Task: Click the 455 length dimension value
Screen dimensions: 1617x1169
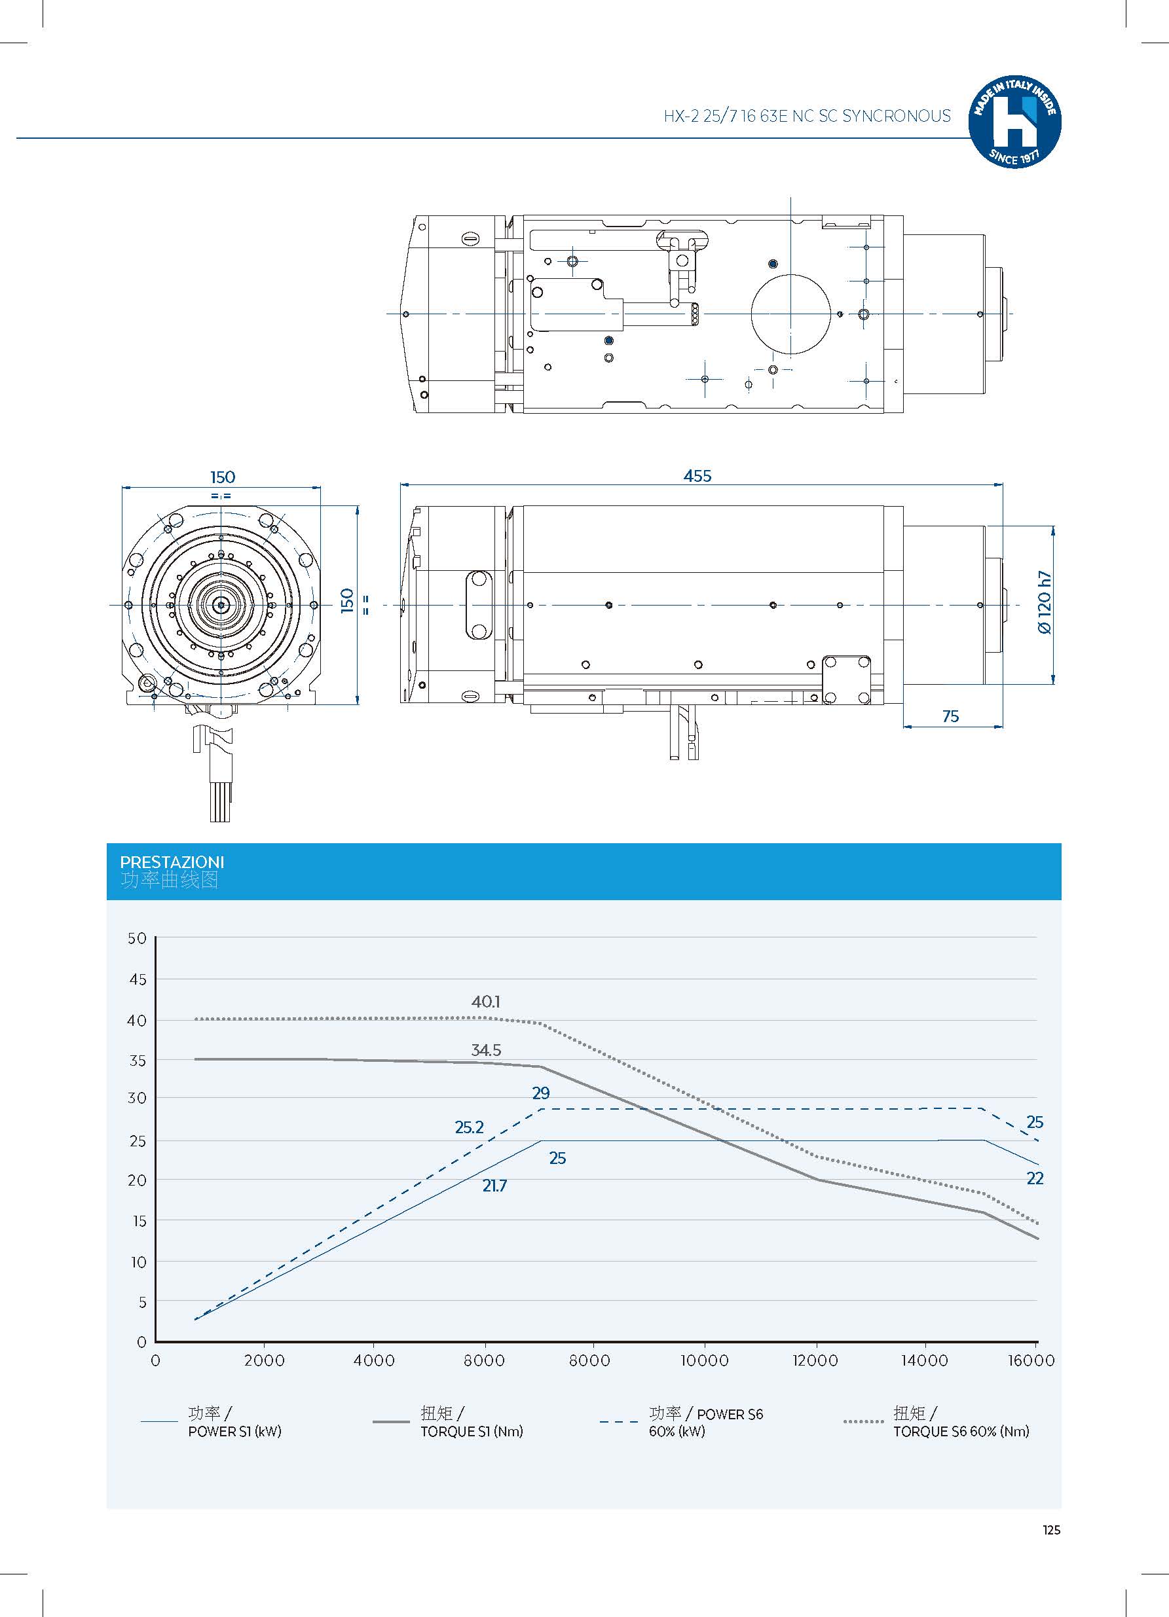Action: [697, 476]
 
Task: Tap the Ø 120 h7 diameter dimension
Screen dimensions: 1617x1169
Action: [1044, 602]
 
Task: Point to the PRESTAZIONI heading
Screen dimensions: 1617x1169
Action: [172, 862]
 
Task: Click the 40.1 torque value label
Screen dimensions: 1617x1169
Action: [486, 1002]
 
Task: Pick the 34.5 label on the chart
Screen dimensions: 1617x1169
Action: [486, 1050]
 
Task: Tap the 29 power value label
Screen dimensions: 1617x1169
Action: [541, 1093]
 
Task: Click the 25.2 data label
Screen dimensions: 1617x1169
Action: [469, 1127]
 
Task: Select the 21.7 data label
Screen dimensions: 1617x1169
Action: [494, 1186]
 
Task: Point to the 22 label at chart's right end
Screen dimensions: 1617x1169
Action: [1034, 1178]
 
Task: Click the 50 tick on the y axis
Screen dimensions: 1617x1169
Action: [137, 938]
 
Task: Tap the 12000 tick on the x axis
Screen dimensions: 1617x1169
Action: [815, 1360]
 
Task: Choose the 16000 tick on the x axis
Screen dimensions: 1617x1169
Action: [1031, 1360]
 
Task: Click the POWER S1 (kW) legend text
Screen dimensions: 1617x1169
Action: [234, 1432]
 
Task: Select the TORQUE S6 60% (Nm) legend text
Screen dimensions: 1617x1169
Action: [961, 1432]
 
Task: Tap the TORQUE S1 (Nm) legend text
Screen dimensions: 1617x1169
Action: [472, 1432]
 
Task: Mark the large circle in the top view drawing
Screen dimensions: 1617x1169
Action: [790, 314]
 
